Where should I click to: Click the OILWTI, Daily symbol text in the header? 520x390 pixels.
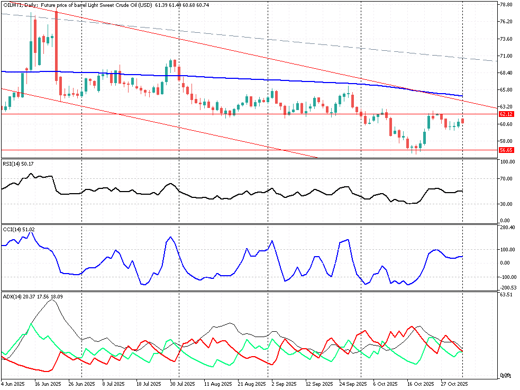coord(19,5)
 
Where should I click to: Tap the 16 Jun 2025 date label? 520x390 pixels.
coord(47,384)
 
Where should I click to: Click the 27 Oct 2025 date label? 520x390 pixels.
coord(454,384)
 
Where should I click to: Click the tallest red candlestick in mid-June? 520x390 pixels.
coord(56,46)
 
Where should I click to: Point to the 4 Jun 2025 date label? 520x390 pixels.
coord(13,384)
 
